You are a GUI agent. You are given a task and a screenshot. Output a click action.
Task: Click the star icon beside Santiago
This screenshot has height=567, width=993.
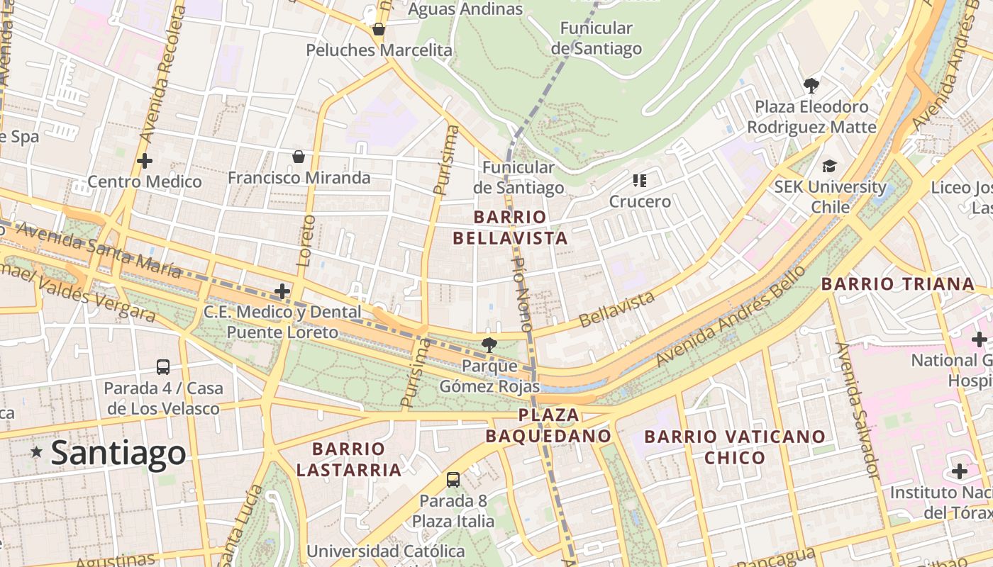coord(36,451)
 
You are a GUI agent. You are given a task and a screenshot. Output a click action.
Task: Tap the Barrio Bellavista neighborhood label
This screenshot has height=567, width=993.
coord(510,228)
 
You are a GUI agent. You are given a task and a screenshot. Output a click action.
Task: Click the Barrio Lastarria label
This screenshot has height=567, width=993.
coord(348,459)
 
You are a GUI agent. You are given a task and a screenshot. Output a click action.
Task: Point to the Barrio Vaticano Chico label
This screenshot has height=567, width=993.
coord(735,447)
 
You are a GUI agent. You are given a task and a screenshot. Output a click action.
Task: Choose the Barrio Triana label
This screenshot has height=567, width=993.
coord(897,284)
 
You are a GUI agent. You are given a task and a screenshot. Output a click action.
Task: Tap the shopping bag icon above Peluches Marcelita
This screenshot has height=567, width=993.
coord(379,29)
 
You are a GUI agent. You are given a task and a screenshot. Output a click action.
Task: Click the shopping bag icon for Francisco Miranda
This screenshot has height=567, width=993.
coord(299,156)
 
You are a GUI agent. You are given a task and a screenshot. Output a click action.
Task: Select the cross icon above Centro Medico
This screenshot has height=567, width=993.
coord(145,161)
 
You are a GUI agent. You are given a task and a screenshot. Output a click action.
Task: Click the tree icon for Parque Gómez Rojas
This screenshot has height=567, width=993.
coord(489,345)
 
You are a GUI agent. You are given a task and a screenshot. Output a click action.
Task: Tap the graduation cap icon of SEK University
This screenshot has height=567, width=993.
coord(829,167)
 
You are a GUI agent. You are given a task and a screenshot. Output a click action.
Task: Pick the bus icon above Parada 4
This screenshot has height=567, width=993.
coord(163,367)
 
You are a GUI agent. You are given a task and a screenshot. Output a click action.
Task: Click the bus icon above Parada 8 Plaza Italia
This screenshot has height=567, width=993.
coord(453,480)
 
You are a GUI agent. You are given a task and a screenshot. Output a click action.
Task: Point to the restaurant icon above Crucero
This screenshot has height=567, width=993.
coord(640,181)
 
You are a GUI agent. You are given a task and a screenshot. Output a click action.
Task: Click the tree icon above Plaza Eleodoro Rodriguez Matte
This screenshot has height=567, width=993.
coord(811,86)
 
